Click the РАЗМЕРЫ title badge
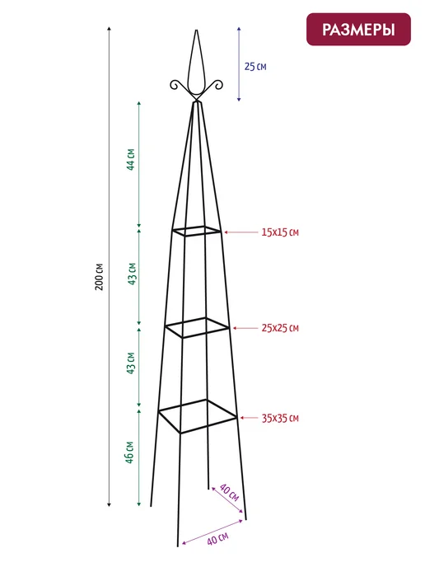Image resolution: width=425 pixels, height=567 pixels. coord(358,30)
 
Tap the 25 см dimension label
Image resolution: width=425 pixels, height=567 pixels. coord(255,67)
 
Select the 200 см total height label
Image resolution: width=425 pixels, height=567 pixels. coord(99,277)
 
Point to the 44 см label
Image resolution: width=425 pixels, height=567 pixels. coord(131,160)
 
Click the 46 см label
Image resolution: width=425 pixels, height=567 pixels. coord(130,452)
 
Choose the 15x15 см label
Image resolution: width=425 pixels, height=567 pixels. coord(280,232)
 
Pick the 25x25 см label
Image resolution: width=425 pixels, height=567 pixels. coord(280,328)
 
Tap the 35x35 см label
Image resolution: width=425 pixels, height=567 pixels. coord(280,419)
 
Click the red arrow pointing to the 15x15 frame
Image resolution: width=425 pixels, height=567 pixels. coord(241,232)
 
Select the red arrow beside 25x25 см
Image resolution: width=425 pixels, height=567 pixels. coord(245,328)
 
